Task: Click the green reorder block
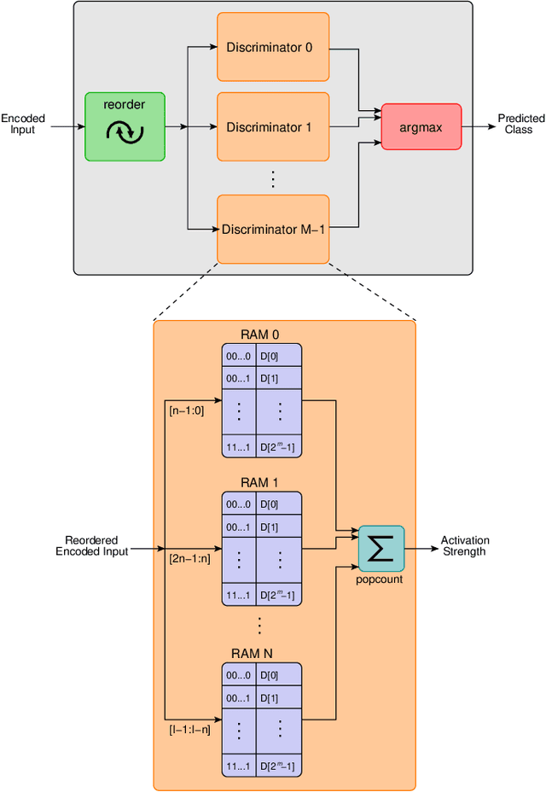tap(125, 126)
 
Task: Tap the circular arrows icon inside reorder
tap(125, 133)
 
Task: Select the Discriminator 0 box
tap(269, 47)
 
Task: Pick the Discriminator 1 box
tap(269, 127)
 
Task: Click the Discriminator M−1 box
tap(273, 229)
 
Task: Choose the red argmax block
tap(421, 127)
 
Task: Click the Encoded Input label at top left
tap(23, 124)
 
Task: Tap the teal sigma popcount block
tap(381, 548)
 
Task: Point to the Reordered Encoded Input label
tap(91, 546)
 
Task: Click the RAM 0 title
tap(261, 335)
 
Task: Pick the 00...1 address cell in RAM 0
tap(238, 377)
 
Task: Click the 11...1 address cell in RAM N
tap(238, 766)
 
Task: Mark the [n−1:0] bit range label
tap(186, 411)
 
